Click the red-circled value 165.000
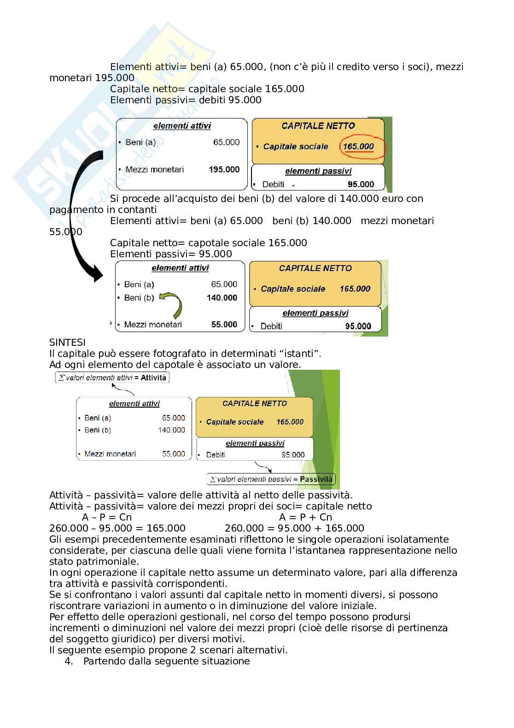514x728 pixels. (x=358, y=147)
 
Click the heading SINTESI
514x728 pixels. (x=67, y=343)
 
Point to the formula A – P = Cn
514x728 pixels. (x=107, y=517)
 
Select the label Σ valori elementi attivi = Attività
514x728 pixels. (x=112, y=378)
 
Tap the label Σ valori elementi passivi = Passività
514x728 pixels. (x=271, y=479)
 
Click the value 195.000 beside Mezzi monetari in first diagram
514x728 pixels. (x=224, y=170)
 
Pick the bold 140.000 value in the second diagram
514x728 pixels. (x=222, y=298)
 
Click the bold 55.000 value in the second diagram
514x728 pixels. (x=224, y=325)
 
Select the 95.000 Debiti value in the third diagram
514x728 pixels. (x=293, y=455)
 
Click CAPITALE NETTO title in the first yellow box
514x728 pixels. (x=318, y=126)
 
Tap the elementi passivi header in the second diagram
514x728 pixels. (x=315, y=313)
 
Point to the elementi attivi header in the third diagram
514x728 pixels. (x=134, y=404)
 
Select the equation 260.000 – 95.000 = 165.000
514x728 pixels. (x=117, y=528)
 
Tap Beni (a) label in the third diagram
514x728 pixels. (x=98, y=418)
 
